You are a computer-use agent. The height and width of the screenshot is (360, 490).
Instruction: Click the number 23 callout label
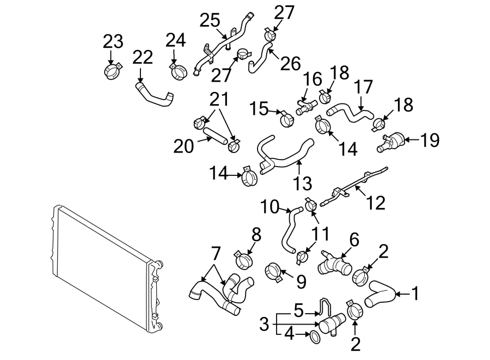[x=113, y=41]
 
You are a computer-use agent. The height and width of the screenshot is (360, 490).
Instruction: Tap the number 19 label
[x=429, y=140]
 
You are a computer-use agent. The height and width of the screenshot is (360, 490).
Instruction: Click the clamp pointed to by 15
[x=286, y=115]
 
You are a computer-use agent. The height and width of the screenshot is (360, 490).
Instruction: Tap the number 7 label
[x=215, y=253]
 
